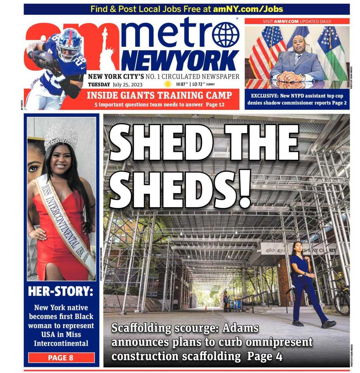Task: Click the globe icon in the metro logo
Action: pyautogui.click(x=225, y=35)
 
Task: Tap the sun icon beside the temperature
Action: pyautogui.click(x=168, y=84)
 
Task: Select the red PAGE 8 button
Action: pyautogui.click(x=61, y=358)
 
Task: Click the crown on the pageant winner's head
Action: pyautogui.click(x=61, y=135)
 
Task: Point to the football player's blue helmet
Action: pyautogui.click(x=70, y=45)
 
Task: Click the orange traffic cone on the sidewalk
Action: pyautogui.click(x=206, y=308)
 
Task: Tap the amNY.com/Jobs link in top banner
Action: pyautogui.click(x=248, y=9)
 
